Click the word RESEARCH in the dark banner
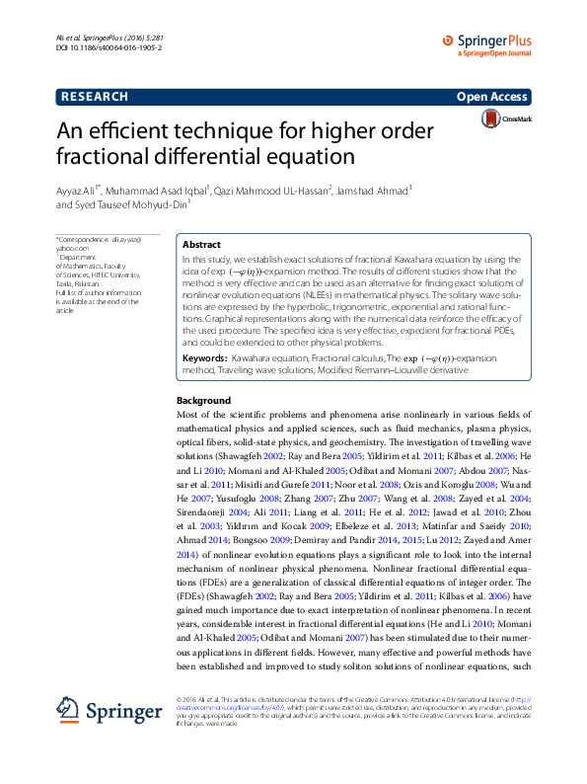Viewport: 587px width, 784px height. tap(94, 97)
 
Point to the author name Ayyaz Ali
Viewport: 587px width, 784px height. tap(78, 189)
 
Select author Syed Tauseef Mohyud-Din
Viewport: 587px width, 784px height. tap(128, 205)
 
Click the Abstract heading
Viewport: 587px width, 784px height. tap(202, 244)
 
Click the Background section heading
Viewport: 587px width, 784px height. tap(203, 401)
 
